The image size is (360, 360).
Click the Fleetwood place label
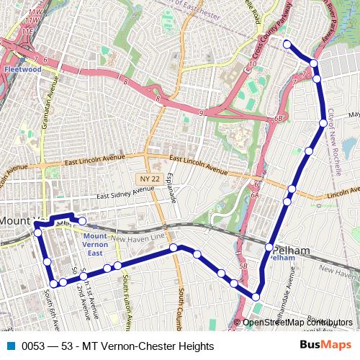[22, 70]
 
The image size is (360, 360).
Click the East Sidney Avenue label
[125, 192]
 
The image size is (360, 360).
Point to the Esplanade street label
[171, 189]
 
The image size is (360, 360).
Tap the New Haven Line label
[138, 239]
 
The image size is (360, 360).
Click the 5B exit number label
[243, 266]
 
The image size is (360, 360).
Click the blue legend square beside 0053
[11, 346]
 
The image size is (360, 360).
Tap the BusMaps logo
[325, 345]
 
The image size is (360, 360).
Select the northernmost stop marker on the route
[287, 45]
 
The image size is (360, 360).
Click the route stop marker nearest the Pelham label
[269, 247]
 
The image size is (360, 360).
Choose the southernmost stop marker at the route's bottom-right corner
[256, 296]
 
